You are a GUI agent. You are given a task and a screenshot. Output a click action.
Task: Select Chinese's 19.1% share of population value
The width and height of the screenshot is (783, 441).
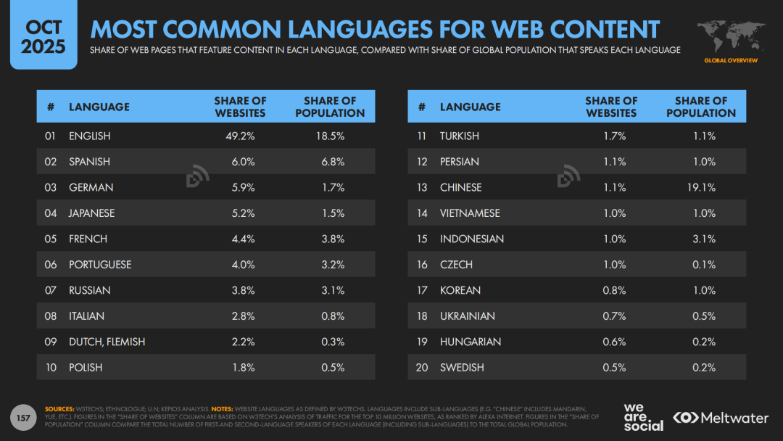(701, 187)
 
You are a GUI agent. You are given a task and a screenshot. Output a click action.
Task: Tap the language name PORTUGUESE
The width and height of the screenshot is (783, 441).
(100, 265)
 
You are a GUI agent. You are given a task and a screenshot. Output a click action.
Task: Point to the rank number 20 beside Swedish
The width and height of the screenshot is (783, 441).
(422, 368)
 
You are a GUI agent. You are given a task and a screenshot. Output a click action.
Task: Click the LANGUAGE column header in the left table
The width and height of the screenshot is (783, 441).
(99, 107)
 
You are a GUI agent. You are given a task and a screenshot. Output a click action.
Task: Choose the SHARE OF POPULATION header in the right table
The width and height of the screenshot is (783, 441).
(701, 107)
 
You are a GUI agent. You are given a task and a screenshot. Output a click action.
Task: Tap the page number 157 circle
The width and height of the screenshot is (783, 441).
(24, 417)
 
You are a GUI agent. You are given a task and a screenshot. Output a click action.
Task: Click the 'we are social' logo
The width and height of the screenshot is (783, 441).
(643, 417)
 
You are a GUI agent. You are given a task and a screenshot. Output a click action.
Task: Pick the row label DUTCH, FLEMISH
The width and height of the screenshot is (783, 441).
(107, 342)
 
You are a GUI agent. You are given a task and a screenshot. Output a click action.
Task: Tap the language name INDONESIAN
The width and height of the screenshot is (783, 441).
(472, 239)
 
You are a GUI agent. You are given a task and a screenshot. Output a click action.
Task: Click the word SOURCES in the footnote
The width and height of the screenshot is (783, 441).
(59, 409)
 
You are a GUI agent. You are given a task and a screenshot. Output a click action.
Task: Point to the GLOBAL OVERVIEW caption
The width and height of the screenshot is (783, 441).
(731, 60)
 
